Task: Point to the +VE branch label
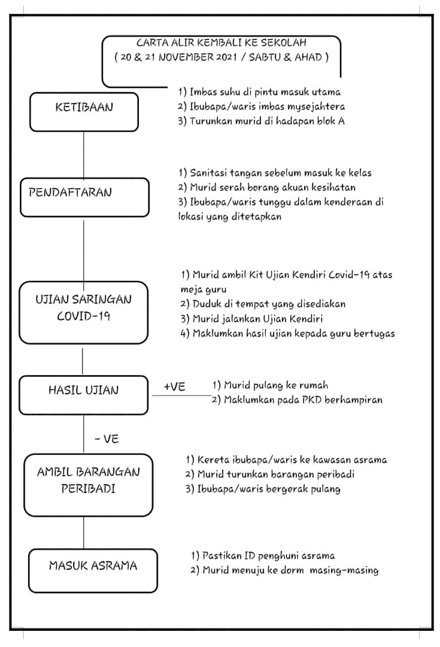pyautogui.click(x=174, y=386)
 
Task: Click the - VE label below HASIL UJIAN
pyautogui.click(x=107, y=439)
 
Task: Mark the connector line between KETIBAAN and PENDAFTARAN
pyautogui.click(x=84, y=155)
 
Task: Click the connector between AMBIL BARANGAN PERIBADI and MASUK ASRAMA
pyautogui.click(x=84, y=533)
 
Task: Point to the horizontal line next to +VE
pyautogui.click(x=181, y=395)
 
